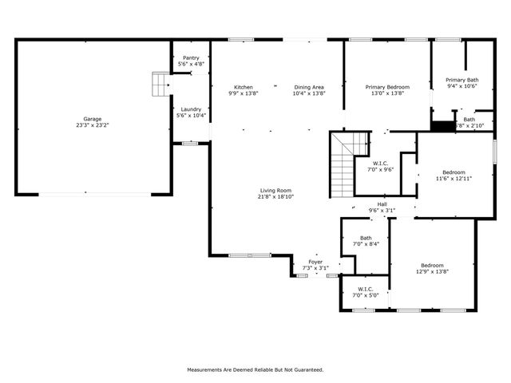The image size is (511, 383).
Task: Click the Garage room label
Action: point(93,119)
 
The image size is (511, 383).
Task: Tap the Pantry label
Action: point(191,57)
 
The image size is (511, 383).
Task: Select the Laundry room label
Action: point(191,109)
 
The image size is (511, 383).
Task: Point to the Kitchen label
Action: point(244,87)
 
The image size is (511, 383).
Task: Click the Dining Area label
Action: point(308,87)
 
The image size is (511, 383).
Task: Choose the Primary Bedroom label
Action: point(387,87)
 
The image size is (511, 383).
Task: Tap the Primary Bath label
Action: point(461,80)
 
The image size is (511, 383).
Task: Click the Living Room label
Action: point(276,190)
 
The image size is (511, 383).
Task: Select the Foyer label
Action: point(316,262)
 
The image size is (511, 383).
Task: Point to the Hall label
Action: point(382,204)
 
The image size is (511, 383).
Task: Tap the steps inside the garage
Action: point(162,83)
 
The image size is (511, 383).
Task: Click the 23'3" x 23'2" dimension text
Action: point(93,125)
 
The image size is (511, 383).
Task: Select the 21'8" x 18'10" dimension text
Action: point(276,196)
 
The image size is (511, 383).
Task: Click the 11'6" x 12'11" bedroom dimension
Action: point(454,179)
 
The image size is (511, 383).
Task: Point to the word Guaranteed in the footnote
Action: point(306,369)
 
